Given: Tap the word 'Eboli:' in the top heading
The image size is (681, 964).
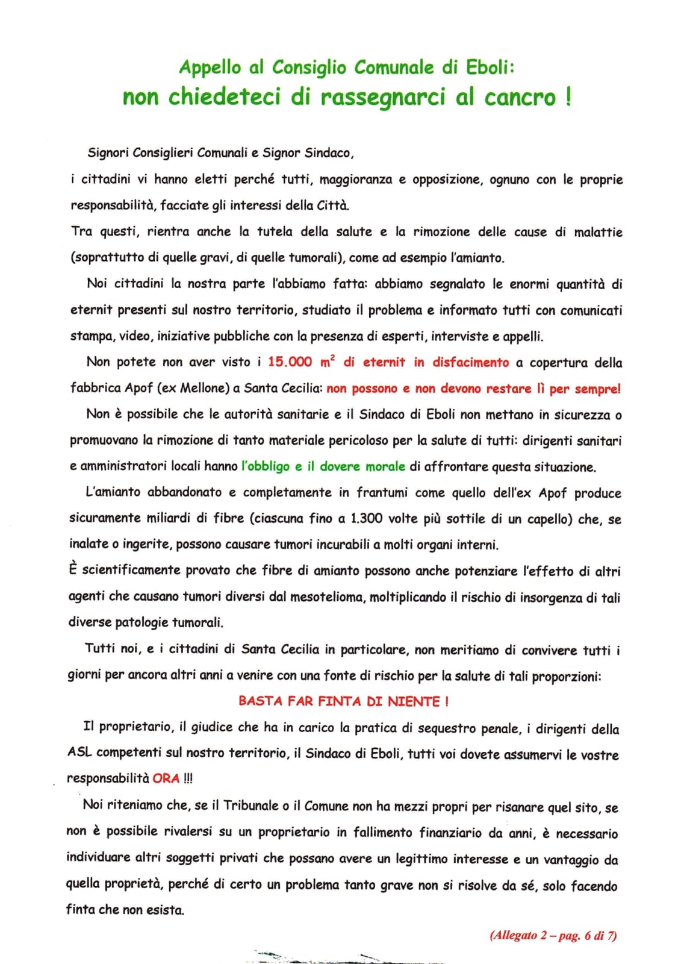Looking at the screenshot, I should tap(490, 67).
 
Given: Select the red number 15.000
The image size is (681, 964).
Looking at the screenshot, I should tap(290, 362).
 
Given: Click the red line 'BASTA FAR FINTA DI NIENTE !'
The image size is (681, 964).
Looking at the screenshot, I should tap(343, 701).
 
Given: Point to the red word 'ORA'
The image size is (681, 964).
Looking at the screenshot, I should tap(166, 778).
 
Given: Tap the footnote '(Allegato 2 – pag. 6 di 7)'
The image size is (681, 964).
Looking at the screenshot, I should tap(553, 936).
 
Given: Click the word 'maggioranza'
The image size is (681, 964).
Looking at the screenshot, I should tap(355, 180).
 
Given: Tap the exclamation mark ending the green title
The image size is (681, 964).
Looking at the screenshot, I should tap(568, 97).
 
